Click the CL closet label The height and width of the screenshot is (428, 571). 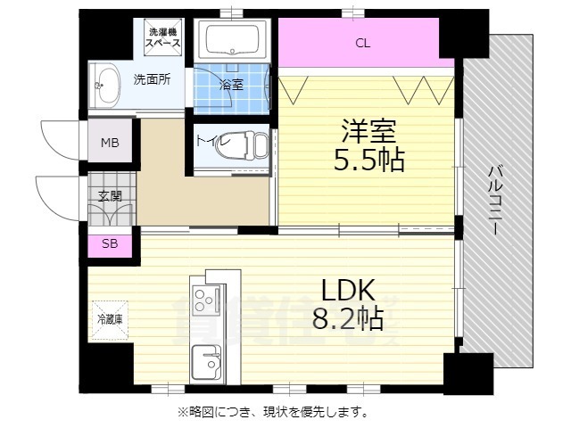pos(362,43)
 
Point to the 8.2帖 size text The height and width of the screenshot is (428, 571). pos(348,318)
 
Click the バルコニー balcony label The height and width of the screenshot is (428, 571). pos(493,201)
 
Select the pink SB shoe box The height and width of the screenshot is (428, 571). pos(109,243)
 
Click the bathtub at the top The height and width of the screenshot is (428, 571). pos(233,40)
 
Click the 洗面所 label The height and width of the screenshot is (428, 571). pos(153,78)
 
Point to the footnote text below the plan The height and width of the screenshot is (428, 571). pos(273,412)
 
